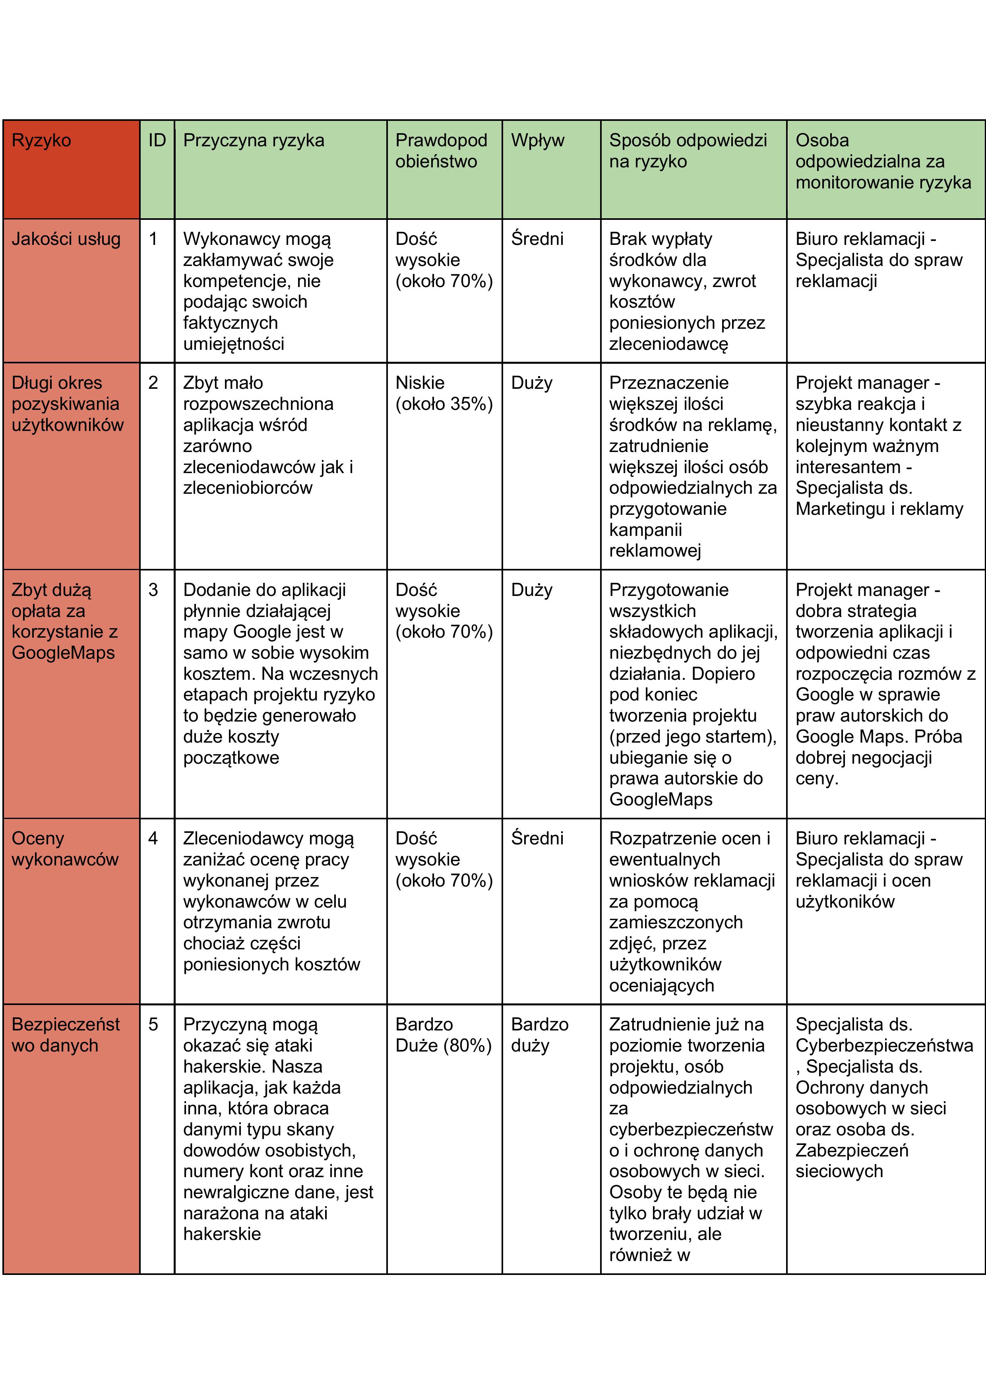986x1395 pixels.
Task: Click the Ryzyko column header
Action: (41, 140)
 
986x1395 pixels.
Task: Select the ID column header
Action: (157, 140)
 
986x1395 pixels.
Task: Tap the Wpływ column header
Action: (537, 140)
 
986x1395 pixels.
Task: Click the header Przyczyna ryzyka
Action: (253, 140)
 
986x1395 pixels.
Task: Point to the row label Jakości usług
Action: (66, 239)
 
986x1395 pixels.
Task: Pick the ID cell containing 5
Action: (153, 1024)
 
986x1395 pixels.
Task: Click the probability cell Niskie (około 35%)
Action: (444, 393)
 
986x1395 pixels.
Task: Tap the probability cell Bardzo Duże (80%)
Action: (443, 1035)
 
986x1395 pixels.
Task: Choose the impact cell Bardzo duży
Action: (539, 1035)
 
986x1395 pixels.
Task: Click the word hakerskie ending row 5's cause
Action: (222, 1234)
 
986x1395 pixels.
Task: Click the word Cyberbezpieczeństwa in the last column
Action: (884, 1046)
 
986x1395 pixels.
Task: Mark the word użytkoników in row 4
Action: (845, 901)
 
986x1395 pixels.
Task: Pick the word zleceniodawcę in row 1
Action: (668, 344)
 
